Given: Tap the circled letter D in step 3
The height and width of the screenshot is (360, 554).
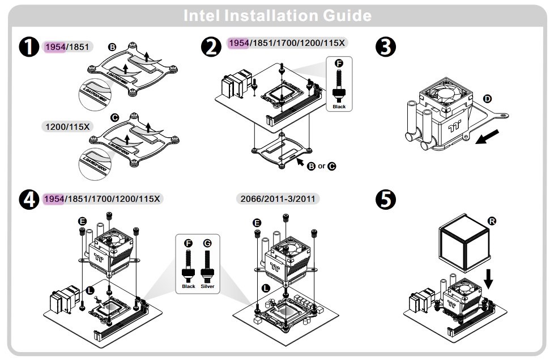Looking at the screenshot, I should click(x=487, y=98).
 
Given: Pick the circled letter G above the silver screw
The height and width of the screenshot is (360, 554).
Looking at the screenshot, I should click(x=207, y=243).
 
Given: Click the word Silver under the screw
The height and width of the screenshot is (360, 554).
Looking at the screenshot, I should click(x=208, y=286).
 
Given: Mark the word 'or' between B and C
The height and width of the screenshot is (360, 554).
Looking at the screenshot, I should click(x=321, y=166).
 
